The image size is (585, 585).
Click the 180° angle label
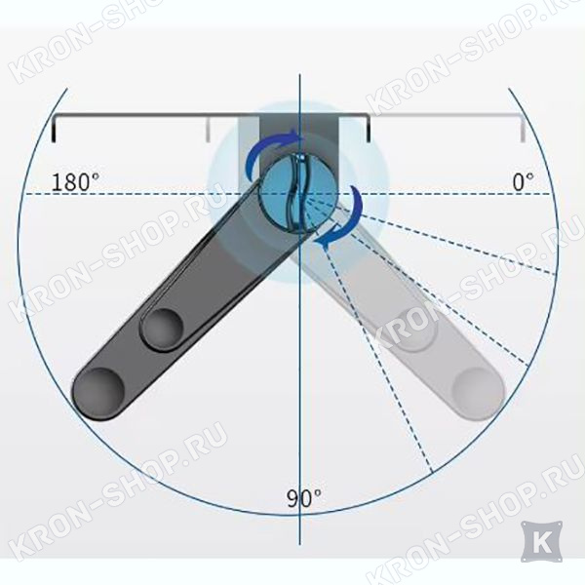75,182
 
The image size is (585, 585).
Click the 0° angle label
523,182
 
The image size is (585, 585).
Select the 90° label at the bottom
303,498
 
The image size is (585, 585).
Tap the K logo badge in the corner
542,542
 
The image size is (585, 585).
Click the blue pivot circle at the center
300,194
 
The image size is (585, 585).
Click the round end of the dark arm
98,394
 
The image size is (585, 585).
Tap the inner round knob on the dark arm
163,330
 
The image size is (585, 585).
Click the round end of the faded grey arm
479,394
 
